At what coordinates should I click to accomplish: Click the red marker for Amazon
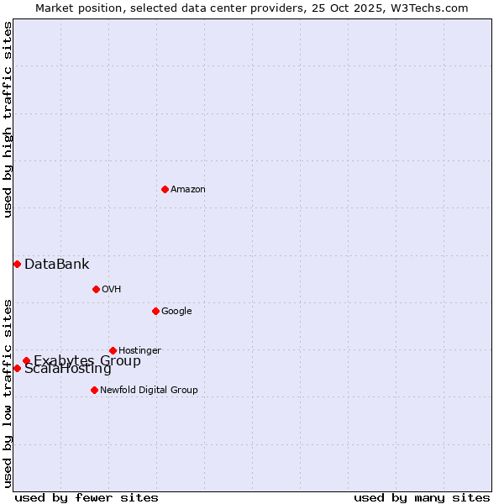click(165, 189)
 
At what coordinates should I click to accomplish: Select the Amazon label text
click(188, 190)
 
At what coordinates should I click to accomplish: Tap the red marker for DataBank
click(17, 265)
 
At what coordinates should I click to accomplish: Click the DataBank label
click(56, 265)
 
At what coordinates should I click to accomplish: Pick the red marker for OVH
click(96, 289)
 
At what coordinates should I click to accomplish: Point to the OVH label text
click(112, 290)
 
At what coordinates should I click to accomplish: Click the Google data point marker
click(155, 311)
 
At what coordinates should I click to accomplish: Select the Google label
click(176, 312)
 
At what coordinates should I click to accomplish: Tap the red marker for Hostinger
click(113, 350)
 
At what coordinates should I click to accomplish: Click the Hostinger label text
click(139, 351)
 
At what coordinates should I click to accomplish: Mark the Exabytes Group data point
click(26, 361)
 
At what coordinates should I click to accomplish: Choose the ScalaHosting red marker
click(17, 368)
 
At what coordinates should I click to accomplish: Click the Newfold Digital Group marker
click(94, 390)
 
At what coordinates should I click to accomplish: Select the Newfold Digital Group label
click(149, 391)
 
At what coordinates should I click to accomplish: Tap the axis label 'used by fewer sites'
click(87, 497)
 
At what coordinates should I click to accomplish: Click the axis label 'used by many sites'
click(422, 497)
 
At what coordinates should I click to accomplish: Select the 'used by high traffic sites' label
click(8, 119)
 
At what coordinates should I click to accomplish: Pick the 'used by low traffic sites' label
click(8, 392)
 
